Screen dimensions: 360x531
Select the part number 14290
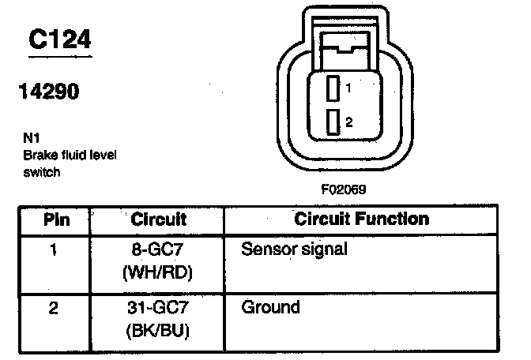pyautogui.click(x=47, y=92)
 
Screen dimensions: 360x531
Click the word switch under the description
pyautogui.click(x=41, y=171)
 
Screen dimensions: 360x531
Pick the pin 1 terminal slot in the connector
pyautogui.click(x=333, y=88)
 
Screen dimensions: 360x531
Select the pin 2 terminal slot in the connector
pyautogui.click(x=333, y=122)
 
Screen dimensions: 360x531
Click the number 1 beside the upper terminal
pyautogui.click(x=347, y=88)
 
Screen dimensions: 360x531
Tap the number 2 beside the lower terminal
pyautogui.click(x=348, y=122)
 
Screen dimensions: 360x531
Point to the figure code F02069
pyautogui.click(x=343, y=189)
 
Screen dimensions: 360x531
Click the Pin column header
pyautogui.click(x=55, y=219)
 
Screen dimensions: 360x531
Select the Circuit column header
pyautogui.click(x=159, y=219)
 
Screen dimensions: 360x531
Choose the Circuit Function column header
pyautogui.click(x=361, y=219)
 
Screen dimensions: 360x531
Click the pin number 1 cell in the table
pyautogui.click(x=54, y=250)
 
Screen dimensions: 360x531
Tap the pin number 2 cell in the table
pyautogui.click(x=54, y=307)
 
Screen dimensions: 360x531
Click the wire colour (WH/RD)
pyautogui.click(x=159, y=273)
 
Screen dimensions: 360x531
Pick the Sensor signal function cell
pyautogui.click(x=294, y=249)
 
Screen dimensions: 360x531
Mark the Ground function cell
pyautogui.click(x=270, y=306)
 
